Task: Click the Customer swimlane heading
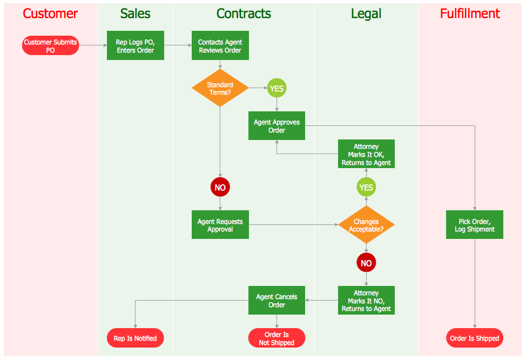click(50, 14)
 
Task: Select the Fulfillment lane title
click(470, 14)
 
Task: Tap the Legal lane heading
click(366, 14)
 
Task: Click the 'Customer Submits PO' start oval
click(50, 46)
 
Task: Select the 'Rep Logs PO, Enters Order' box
click(135, 46)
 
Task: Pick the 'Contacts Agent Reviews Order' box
click(220, 46)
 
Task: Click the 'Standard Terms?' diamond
click(220, 88)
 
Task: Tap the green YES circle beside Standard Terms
click(277, 88)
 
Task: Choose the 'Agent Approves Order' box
click(277, 126)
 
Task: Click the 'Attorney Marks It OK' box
click(366, 154)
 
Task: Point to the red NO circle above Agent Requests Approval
click(220, 188)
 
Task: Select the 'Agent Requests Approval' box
click(220, 225)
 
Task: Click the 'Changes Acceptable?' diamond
click(366, 225)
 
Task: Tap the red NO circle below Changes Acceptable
click(366, 263)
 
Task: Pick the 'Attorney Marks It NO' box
click(366, 301)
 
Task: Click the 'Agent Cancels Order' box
click(277, 301)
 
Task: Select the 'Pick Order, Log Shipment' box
click(475, 225)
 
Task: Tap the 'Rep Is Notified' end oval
click(135, 338)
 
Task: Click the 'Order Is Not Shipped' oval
click(277, 338)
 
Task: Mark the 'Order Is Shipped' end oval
click(475, 338)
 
